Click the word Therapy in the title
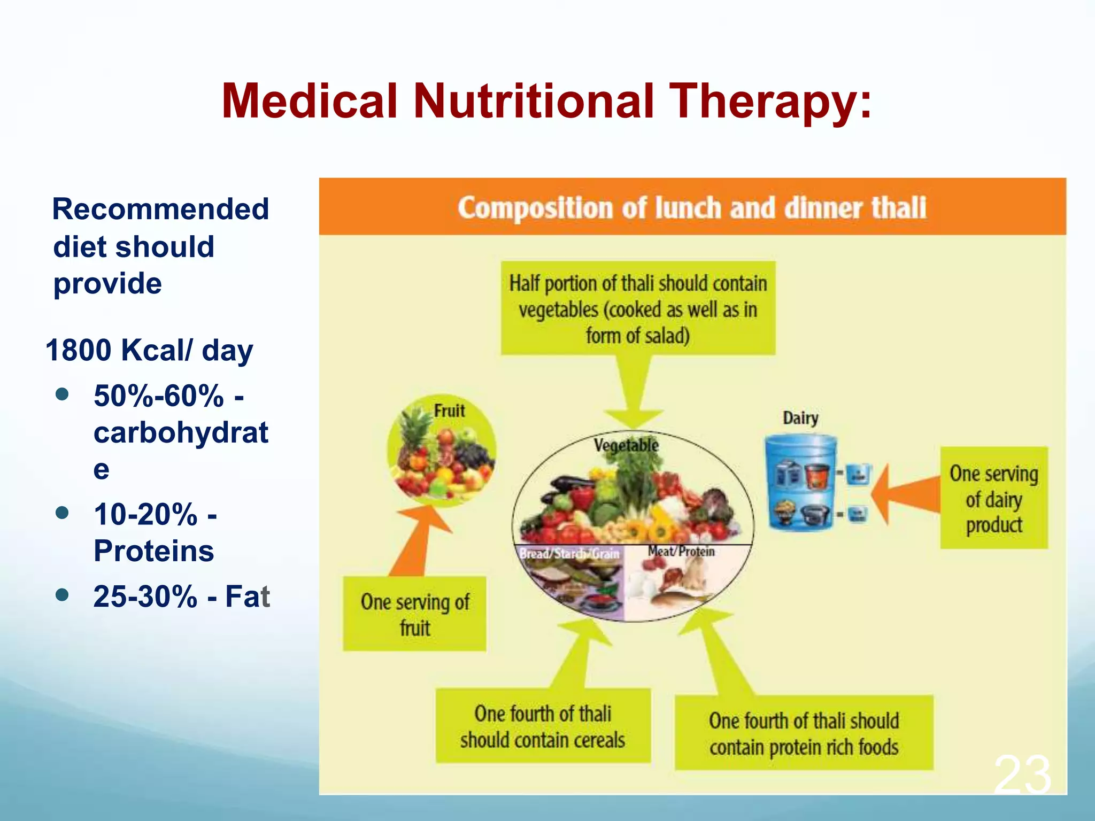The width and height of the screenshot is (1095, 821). coord(770,102)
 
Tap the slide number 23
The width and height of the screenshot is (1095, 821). coord(1022,774)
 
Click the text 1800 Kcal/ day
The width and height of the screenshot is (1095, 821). coord(149,351)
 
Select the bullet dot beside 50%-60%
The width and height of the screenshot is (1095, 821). coord(63,394)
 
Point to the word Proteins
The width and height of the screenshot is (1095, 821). coord(153,551)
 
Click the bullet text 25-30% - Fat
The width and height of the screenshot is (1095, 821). coord(181,596)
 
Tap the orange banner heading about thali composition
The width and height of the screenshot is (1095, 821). coord(692,207)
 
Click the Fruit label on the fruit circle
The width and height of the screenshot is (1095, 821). coord(449,410)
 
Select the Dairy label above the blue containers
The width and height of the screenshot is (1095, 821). coord(800,417)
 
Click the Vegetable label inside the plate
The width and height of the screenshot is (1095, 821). coord(626,445)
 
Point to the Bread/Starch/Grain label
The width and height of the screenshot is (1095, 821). coord(569,553)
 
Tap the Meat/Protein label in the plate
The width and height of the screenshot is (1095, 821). coord(681,551)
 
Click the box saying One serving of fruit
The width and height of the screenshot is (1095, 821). coord(414,614)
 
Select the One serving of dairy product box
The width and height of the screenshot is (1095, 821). coord(993,498)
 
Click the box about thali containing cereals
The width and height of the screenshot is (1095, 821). coord(543,726)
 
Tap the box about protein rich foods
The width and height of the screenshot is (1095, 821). coord(804,733)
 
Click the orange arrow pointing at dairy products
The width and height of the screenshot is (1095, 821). coord(904,494)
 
